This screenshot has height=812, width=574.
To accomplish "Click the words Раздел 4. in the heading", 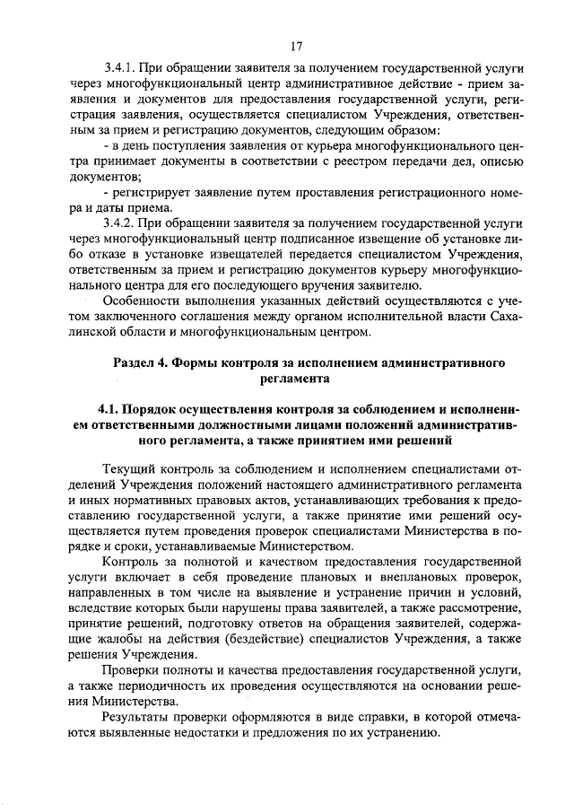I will (x=140, y=362).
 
